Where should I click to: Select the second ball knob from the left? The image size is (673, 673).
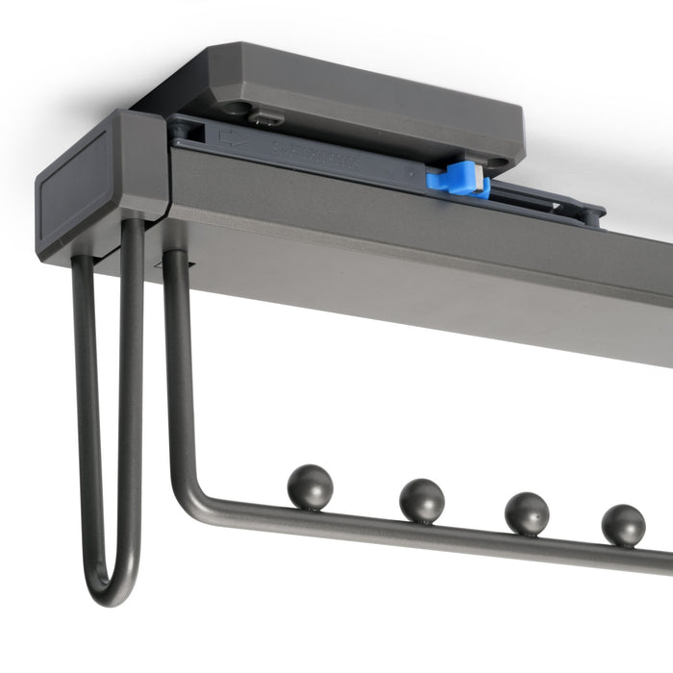point(422,500)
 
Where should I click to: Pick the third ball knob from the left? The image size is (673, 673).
point(526,513)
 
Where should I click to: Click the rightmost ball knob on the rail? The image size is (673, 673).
point(623,525)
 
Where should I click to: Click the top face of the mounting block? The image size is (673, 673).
point(365,101)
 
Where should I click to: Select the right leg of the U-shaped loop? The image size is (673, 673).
point(131,404)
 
